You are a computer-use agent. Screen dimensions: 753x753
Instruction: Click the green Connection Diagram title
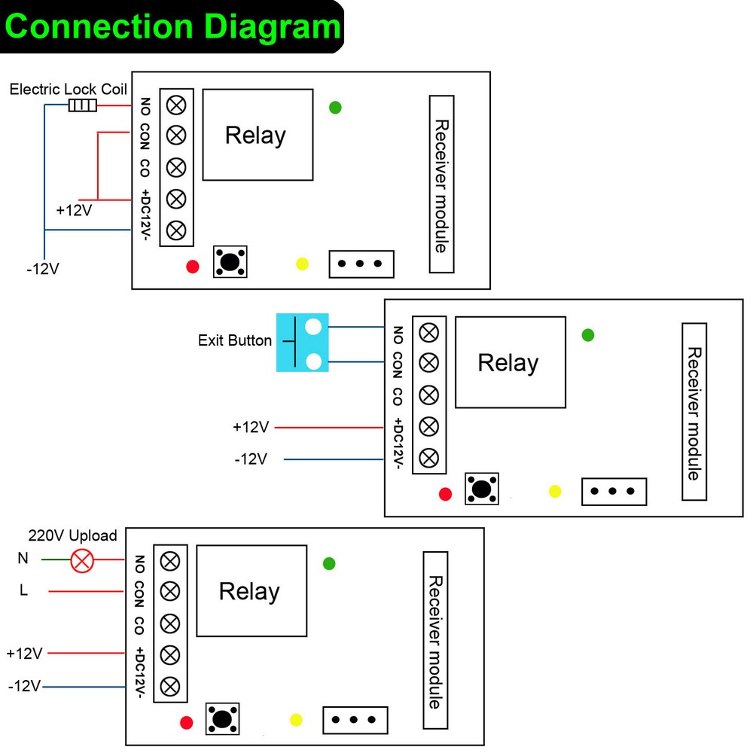click(172, 26)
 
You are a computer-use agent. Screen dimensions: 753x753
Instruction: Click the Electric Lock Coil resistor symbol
click(83, 105)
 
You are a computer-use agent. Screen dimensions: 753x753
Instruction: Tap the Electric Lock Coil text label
click(68, 89)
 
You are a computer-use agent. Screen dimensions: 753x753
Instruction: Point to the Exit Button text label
click(235, 340)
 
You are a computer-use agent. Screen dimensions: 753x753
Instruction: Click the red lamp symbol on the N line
click(82, 560)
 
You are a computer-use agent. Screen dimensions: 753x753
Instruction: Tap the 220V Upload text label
click(72, 536)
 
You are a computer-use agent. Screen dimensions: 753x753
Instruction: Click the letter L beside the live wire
click(23, 591)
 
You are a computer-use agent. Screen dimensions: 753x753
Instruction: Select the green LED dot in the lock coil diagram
click(336, 108)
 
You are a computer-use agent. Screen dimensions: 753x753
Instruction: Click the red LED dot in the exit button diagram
click(445, 494)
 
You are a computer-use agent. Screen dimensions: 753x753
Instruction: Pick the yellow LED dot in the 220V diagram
click(296, 721)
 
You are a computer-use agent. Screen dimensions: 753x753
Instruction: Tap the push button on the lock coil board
click(230, 261)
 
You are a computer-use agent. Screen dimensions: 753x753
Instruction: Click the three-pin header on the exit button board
click(614, 491)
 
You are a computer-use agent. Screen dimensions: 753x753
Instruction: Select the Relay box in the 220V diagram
click(252, 591)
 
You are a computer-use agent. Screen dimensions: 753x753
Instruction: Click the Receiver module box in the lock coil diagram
click(442, 184)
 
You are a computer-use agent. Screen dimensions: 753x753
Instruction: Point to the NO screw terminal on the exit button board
click(428, 331)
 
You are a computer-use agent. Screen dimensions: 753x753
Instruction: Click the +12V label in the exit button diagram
click(251, 428)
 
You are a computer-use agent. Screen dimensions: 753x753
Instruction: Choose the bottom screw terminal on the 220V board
click(170, 686)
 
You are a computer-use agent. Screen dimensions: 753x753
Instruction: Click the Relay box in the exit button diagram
click(510, 362)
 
